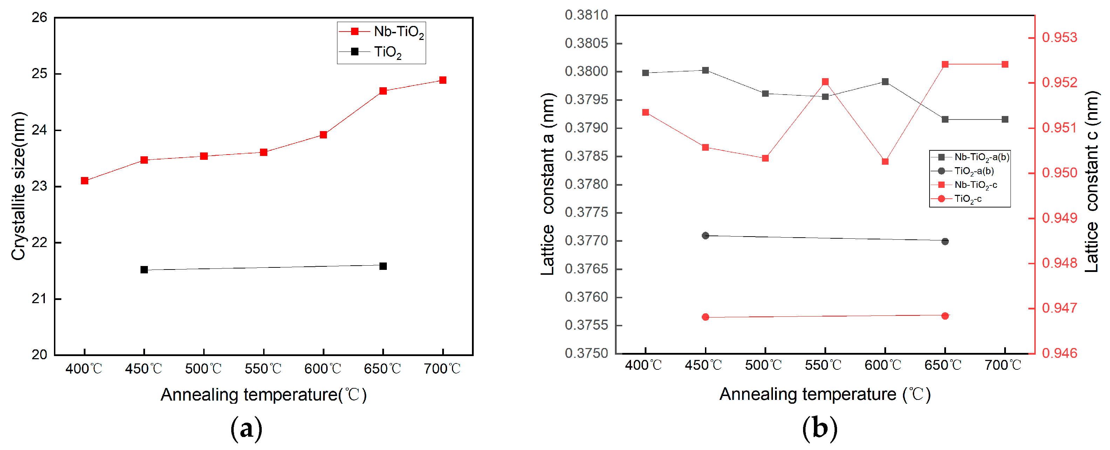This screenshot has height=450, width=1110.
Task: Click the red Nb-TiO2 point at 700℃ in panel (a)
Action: (x=443, y=80)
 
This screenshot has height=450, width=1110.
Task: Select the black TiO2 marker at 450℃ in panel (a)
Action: (x=144, y=270)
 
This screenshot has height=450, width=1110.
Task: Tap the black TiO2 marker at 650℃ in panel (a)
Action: (x=383, y=266)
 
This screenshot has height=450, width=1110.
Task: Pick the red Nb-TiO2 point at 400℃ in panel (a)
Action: (x=84, y=180)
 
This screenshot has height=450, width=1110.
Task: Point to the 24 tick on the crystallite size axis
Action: (x=40, y=130)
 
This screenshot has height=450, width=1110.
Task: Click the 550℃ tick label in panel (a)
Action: (x=263, y=369)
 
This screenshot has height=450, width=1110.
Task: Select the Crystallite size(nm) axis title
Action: (x=18, y=186)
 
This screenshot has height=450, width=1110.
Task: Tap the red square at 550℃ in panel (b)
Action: (x=825, y=82)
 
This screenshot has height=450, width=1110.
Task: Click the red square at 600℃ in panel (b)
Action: (x=885, y=162)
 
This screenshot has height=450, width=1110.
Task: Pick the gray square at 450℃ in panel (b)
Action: (x=705, y=70)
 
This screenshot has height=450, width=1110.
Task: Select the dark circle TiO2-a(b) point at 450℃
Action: (x=705, y=236)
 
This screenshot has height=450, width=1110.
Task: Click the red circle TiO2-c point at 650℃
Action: (x=945, y=316)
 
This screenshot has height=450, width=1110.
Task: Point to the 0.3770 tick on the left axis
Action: (x=586, y=240)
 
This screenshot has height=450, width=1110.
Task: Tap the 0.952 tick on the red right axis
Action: (x=1059, y=83)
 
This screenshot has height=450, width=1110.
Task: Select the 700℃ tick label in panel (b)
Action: (x=1003, y=366)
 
